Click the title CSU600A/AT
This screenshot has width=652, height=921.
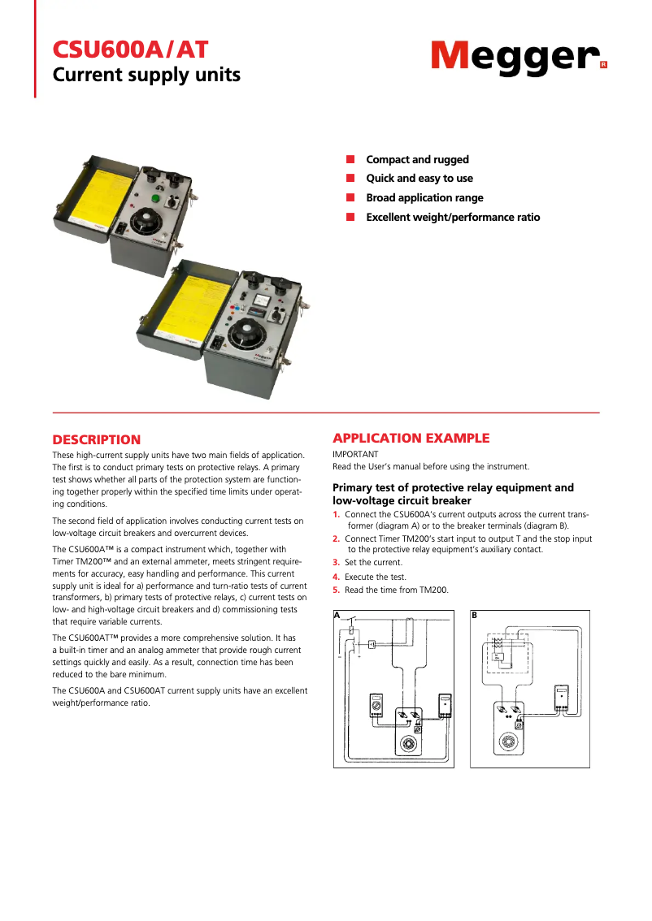coord(130,50)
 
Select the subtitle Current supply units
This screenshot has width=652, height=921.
coord(146,76)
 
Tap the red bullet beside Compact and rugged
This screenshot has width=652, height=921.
coord(350,159)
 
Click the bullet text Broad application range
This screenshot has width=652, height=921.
coord(424,197)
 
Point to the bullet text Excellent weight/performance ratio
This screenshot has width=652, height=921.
coord(453,217)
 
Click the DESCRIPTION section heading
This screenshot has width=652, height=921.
coord(97,439)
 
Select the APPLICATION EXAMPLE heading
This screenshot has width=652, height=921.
coord(411,439)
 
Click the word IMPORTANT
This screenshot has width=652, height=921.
coord(355,454)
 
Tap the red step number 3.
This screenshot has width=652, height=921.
coord(336,562)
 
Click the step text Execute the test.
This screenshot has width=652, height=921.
coord(376,577)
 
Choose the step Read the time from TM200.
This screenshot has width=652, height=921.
coord(396,590)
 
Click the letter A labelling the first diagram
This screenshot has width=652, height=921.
coord(337,616)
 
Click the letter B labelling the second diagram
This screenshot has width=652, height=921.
coord(474,616)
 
